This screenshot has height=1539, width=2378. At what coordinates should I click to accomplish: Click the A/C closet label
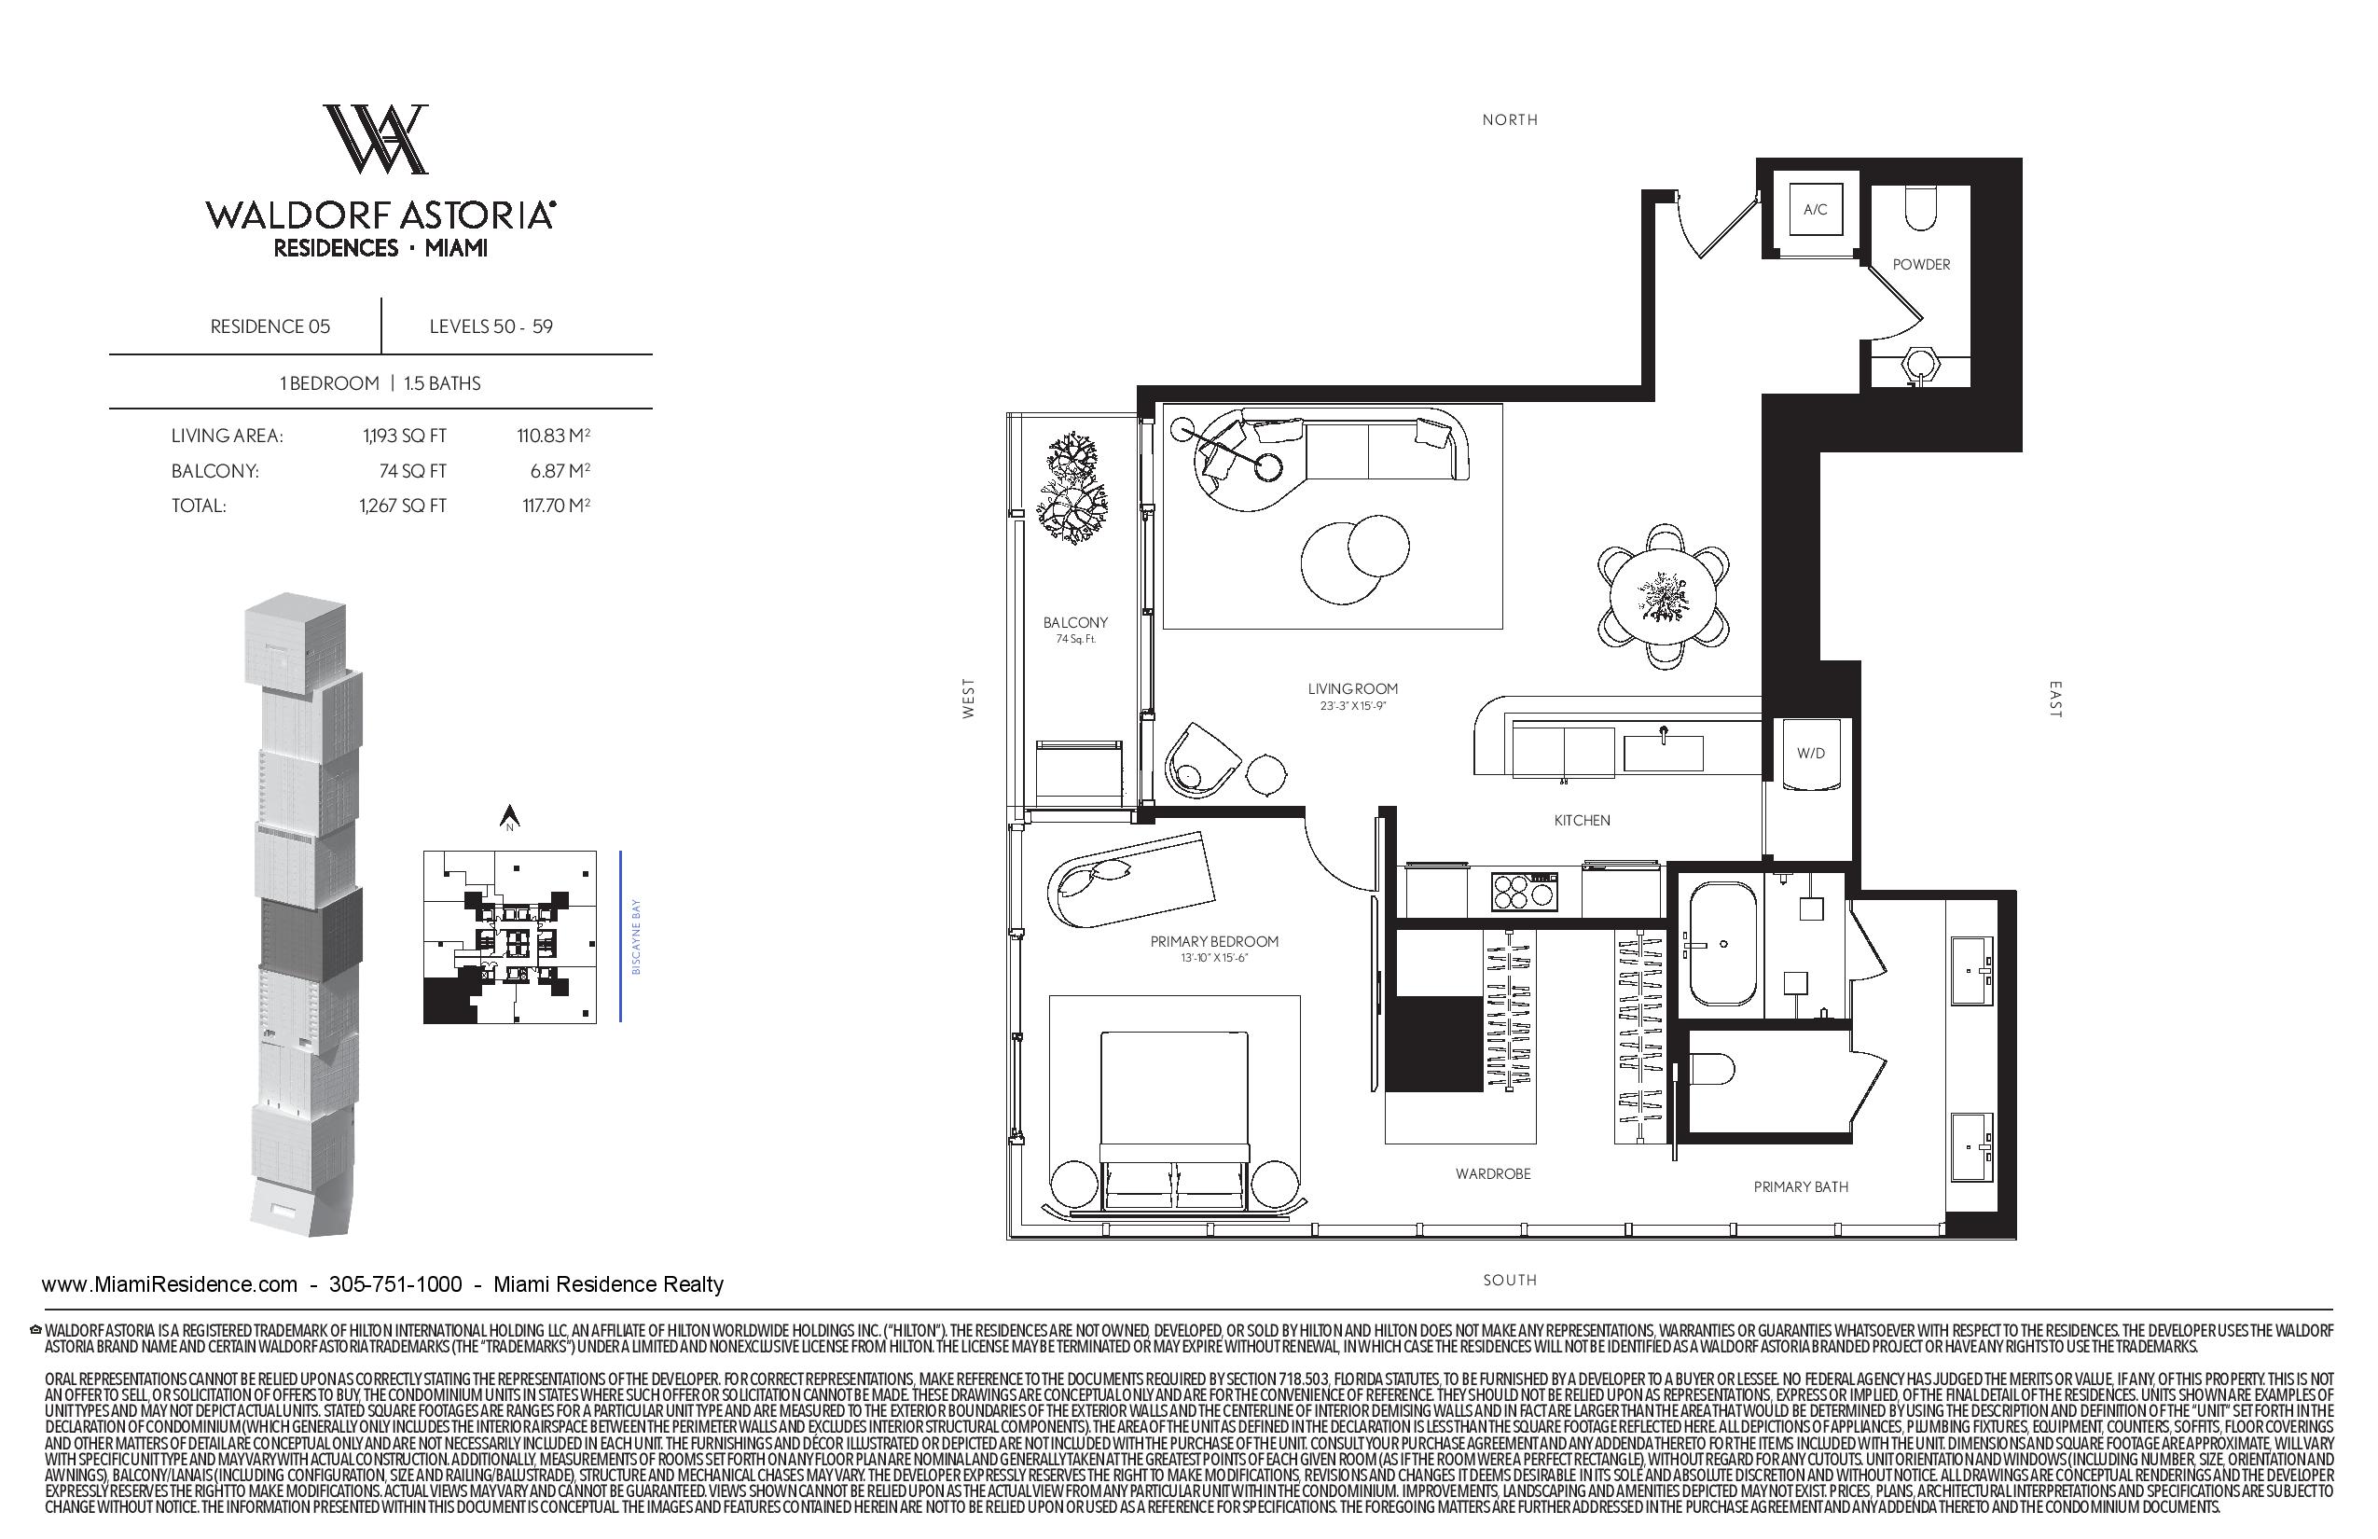point(1815,210)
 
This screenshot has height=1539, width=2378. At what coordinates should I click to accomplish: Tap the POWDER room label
point(1920,265)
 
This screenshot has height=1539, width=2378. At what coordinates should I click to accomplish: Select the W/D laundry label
point(1810,754)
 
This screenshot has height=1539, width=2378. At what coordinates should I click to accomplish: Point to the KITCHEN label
point(1582,821)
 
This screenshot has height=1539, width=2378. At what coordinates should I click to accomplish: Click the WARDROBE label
point(1493,1174)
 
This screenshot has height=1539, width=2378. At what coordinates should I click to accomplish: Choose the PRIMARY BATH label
point(1801,1187)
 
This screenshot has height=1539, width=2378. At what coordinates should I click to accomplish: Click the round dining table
point(1663,598)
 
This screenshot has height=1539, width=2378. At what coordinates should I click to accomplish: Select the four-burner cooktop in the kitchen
point(1524,892)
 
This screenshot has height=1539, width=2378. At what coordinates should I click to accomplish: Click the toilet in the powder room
point(1920,208)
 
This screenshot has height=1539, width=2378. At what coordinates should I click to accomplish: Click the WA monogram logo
point(377,139)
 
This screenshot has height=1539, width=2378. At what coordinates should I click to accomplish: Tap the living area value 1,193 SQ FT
point(405,436)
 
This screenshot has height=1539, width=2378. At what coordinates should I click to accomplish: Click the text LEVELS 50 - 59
point(491,326)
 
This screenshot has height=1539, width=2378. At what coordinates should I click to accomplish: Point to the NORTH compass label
point(1509,120)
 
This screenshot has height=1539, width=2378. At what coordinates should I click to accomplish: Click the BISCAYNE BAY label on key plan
point(636,936)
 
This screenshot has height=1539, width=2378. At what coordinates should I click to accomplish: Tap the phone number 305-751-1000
point(395,1284)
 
